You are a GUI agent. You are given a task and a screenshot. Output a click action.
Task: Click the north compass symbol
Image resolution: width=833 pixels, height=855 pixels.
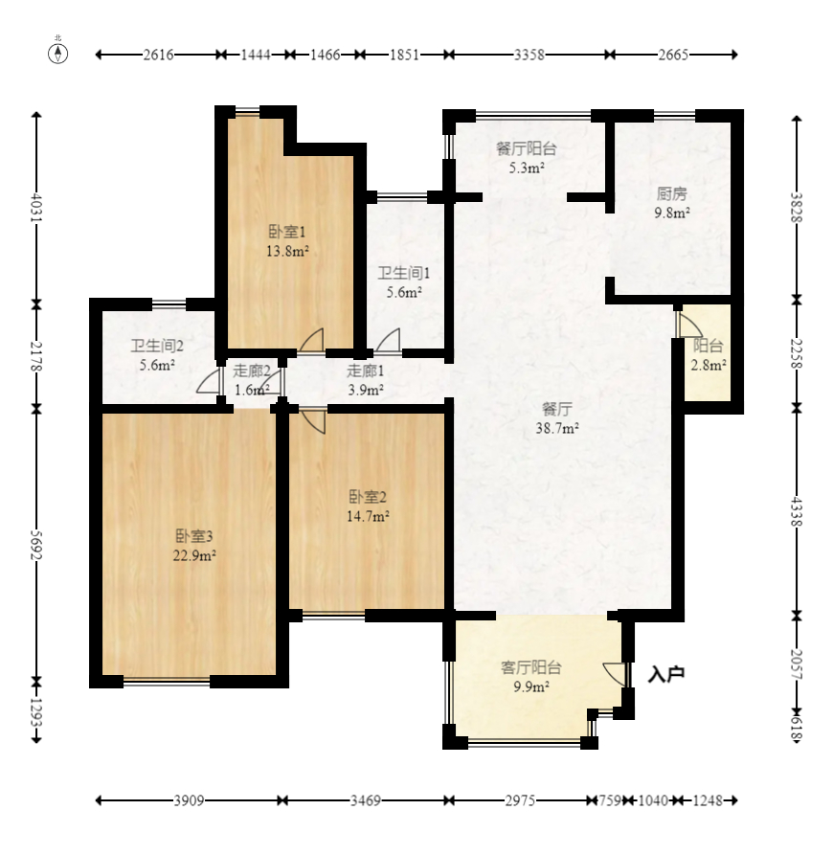coord(57,53)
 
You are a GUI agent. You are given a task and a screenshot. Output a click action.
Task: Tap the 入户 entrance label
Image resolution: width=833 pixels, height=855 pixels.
coord(665,674)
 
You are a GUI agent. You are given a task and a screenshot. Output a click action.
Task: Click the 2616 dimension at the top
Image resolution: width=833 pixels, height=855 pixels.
coord(158,55)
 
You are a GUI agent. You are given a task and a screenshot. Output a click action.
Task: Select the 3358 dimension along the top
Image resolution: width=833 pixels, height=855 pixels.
coord(529,55)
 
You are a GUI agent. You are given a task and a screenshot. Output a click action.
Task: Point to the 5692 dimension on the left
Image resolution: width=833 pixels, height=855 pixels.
coord(36,545)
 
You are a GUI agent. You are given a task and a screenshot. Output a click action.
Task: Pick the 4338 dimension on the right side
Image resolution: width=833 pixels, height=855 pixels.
coord(797,511)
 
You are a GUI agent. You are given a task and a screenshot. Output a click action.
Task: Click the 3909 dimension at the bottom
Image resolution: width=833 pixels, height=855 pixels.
coord(189,800)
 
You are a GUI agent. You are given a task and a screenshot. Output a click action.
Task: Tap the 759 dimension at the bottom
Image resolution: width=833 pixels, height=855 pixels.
coord(610,800)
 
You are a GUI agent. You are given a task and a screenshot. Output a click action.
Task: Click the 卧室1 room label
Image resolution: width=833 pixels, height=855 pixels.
coord(286,232)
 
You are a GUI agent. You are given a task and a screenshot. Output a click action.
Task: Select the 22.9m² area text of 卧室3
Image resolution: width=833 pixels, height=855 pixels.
coord(194,555)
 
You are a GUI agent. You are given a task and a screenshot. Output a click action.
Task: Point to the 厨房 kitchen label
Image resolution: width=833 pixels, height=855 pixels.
coord(671,193)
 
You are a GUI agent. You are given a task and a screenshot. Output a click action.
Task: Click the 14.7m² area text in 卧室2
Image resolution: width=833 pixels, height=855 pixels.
coord(368,516)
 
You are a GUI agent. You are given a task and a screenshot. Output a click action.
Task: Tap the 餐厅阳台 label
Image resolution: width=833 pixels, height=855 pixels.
coord(526,148)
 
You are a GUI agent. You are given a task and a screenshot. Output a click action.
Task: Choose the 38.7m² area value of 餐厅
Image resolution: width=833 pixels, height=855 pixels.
coord(557,428)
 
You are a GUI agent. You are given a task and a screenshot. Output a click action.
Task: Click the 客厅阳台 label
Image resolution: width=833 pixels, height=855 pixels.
coord(531,667)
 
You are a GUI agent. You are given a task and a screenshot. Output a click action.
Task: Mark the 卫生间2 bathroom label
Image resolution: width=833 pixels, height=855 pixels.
coord(157,346)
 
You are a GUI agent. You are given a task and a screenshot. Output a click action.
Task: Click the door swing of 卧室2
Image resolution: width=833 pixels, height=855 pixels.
coord(314,421)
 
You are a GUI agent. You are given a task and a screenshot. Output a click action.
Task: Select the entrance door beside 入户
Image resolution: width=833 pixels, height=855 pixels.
coord(616,674)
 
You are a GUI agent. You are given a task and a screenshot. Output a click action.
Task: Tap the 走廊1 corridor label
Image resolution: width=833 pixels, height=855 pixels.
coord(365,371)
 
